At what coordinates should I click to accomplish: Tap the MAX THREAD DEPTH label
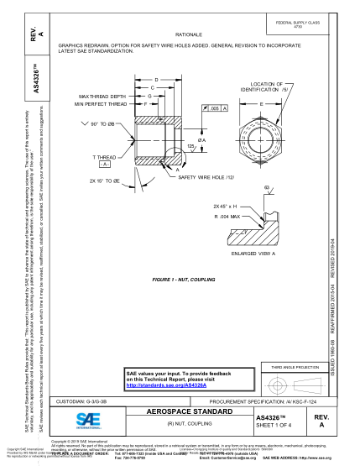click(102, 97)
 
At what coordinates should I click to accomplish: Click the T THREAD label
click(105, 157)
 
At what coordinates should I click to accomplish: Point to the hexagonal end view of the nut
click(262, 134)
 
